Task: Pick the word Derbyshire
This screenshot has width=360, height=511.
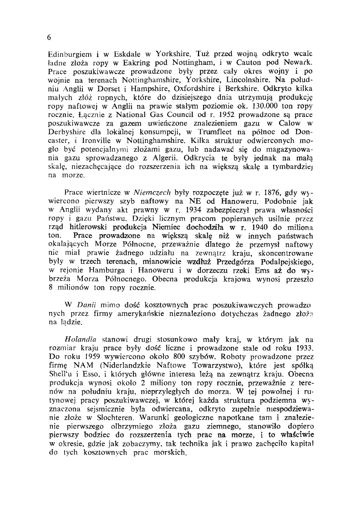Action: click(x=67, y=132)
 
